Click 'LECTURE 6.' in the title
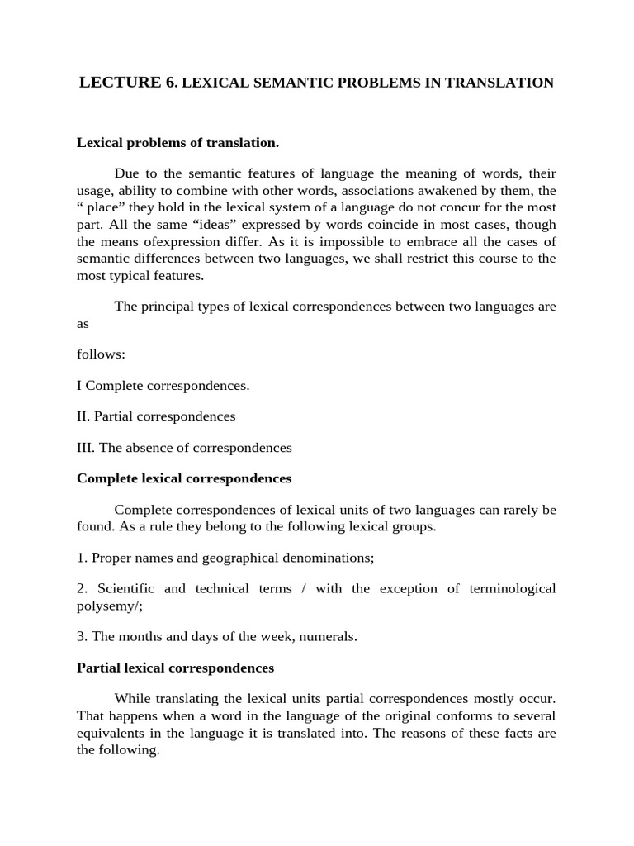click(127, 83)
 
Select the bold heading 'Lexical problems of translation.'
click(177, 143)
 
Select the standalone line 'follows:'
click(101, 354)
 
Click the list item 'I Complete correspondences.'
click(163, 385)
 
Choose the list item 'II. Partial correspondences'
click(156, 416)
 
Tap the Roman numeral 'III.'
click(87, 448)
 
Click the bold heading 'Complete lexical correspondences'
click(183, 478)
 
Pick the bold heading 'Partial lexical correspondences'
click(175, 667)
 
